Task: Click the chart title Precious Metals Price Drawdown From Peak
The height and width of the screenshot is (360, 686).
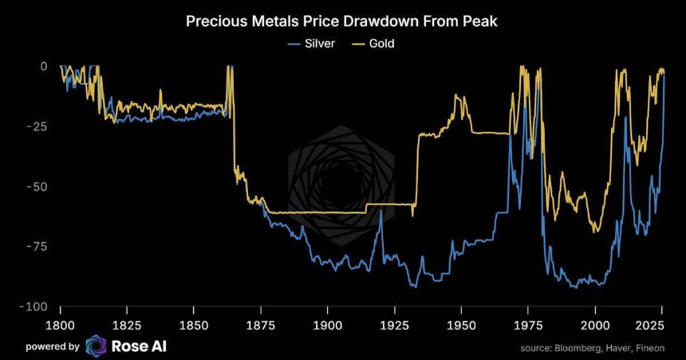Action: pos(341,21)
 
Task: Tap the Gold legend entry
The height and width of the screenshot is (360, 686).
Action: pos(381,43)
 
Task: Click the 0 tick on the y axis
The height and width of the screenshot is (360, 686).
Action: pos(44,66)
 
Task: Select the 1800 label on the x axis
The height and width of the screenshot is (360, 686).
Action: pos(61,325)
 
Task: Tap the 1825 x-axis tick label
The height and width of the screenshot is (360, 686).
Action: pos(127,325)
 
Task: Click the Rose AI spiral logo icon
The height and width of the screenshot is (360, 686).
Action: pos(96,346)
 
